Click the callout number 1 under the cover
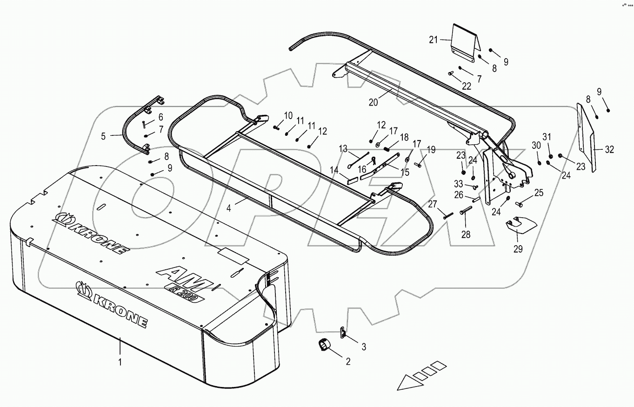120,361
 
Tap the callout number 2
347,360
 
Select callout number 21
434,40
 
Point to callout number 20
373,103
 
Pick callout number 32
610,150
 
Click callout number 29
518,249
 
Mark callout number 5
103,136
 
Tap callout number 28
466,235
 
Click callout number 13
343,149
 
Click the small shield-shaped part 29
521,224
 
